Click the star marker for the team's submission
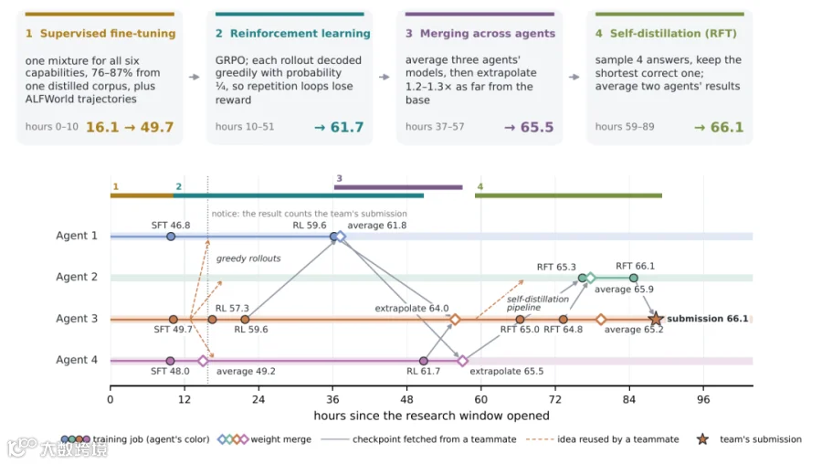pos(655,318)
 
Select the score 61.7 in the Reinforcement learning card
pos(346,127)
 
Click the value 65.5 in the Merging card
pos(537,127)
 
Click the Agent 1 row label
pos(77,236)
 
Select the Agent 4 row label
pos(77,360)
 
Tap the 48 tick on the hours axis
pos(406,399)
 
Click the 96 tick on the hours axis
pos(703,399)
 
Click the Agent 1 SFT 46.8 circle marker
pos(171,237)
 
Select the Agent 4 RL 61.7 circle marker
pos(424,361)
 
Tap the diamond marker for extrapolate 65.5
pos(462,361)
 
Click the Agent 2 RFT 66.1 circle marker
pos(634,278)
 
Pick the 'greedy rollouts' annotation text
pos(248,258)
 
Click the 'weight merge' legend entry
pos(265,439)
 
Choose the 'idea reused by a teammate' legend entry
pos(603,439)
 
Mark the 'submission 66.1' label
pos(708,318)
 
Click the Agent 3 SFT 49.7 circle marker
pos(174,320)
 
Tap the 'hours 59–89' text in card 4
pos(625,127)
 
